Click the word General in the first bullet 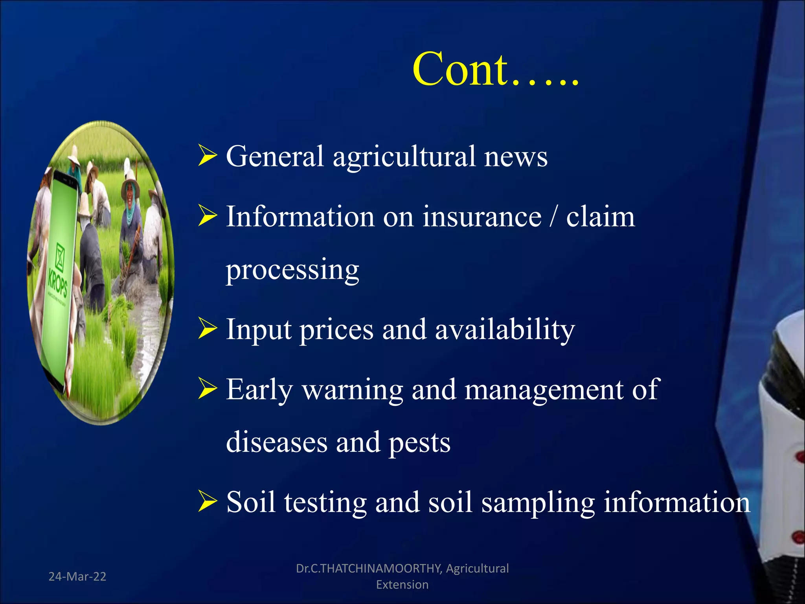click(x=275, y=156)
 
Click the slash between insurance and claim click(x=553, y=217)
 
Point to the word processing click(x=292, y=270)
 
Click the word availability click(x=505, y=330)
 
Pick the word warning click(x=353, y=390)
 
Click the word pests click(x=419, y=443)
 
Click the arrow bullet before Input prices click(x=208, y=330)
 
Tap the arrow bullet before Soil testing click(x=208, y=502)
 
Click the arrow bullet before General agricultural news click(x=208, y=156)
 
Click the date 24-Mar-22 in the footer click(x=77, y=576)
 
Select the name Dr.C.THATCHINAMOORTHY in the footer click(x=369, y=568)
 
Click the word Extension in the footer click(x=402, y=585)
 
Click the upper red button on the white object click(x=799, y=457)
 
